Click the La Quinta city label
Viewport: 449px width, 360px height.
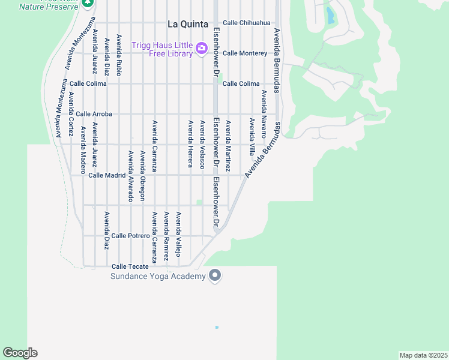(188, 25)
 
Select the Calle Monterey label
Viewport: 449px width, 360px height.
(245, 53)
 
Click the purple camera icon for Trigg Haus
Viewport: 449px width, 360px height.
(202, 47)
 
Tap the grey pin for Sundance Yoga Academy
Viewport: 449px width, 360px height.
(215, 276)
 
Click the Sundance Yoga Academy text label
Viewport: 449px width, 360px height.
(158, 277)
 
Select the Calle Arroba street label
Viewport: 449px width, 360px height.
(94, 114)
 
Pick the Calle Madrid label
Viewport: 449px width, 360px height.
(107, 175)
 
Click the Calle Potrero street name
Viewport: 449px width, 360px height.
(130, 236)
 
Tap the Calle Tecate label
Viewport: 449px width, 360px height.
(130, 266)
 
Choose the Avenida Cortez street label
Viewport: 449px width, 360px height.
(71, 113)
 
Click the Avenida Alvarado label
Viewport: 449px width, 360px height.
(130, 176)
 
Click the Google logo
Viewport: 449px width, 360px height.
(20, 353)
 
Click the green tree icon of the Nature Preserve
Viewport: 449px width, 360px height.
(88, 3)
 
